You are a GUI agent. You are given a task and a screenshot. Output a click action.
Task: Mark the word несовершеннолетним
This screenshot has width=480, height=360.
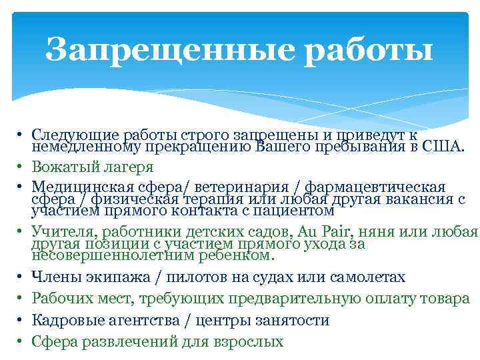click(103, 255)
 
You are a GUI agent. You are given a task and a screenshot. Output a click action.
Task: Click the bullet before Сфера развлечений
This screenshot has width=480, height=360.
click(21, 342)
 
